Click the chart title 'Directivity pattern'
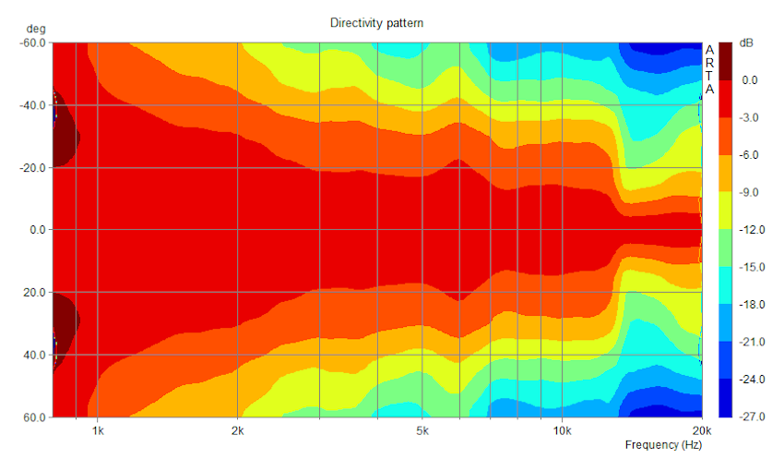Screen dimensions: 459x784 (x=376, y=23)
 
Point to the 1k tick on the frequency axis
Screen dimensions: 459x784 (x=97, y=430)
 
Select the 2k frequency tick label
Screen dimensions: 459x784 (x=238, y=430)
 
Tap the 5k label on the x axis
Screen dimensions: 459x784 (x=422, y=430)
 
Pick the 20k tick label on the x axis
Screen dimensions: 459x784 (x=701, y=430)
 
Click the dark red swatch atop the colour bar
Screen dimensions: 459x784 (x=726, y=60)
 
